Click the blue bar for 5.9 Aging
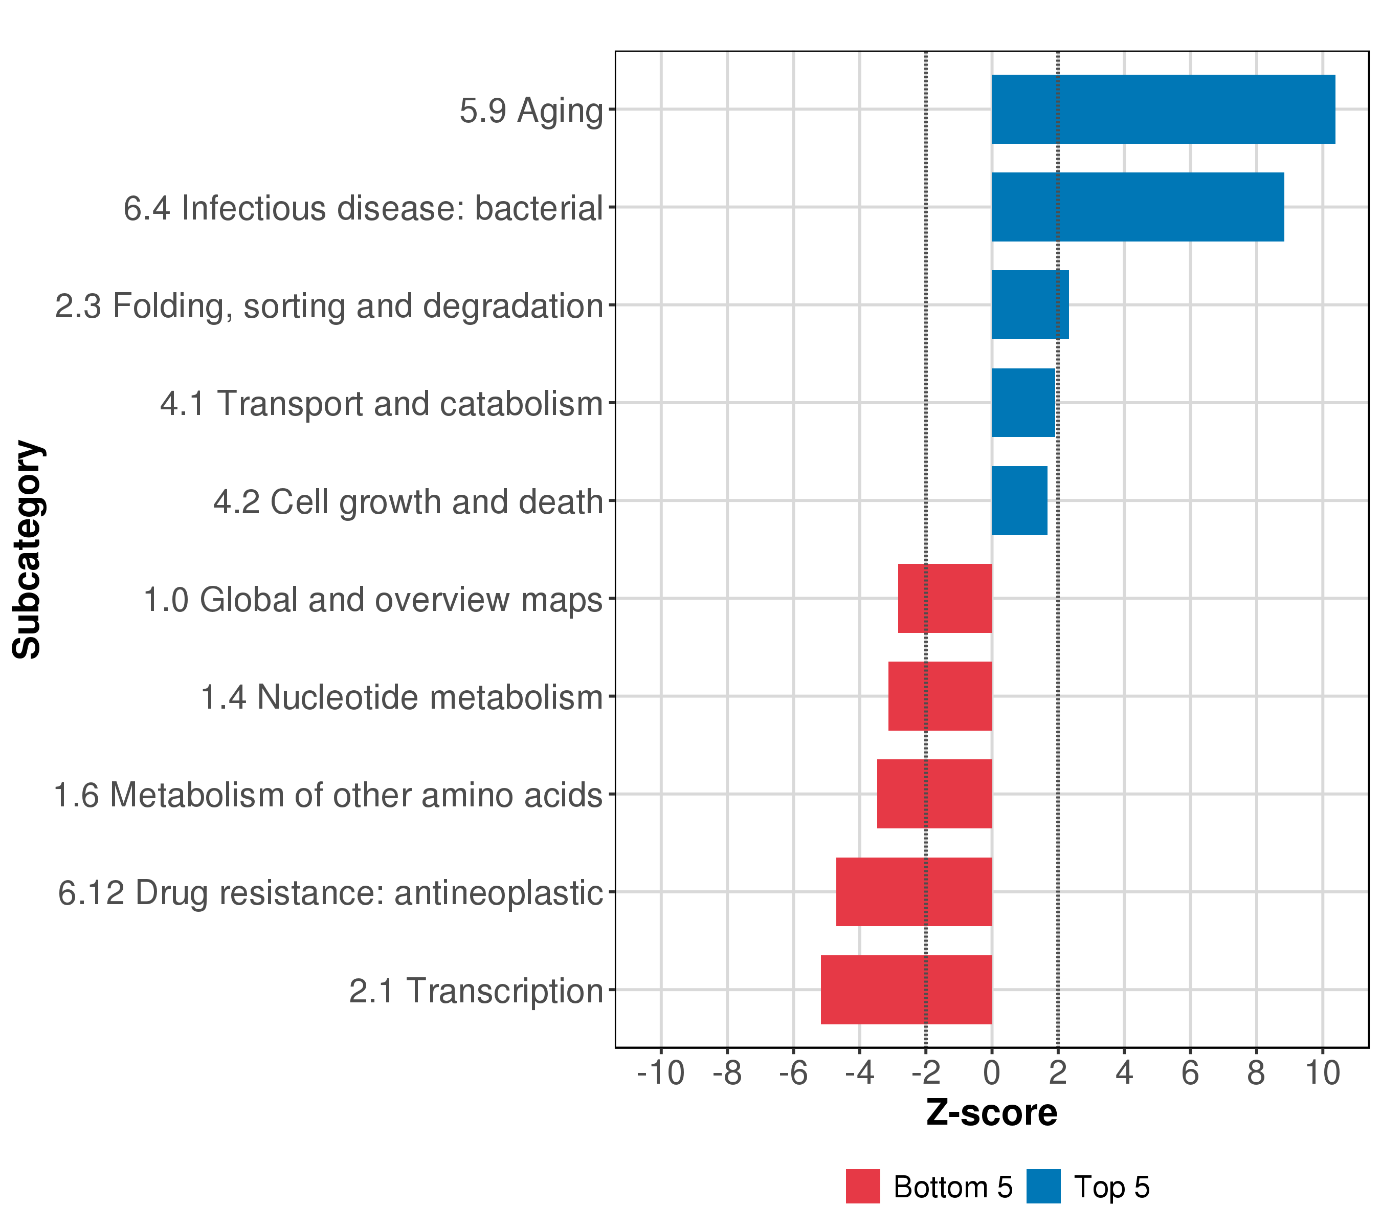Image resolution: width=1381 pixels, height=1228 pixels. pyautogui.click(x=1163, y=109)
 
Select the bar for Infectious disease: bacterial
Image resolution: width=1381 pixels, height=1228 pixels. pyautogui.click(x=1137, y=207)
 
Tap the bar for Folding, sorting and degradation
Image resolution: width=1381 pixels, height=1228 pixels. pyautogui.click(x=1030, y=305)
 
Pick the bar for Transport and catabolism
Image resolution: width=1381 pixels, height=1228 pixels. pyautogui.click(x=1023, y=403)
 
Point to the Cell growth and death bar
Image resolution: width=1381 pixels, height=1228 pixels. pyautogui.click(x=1019, y=501)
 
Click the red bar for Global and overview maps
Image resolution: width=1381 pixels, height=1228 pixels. pyautogui.click(x=945, y=598)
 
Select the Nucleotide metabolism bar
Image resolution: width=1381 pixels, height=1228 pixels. pyautogui.click(x=940, y=696)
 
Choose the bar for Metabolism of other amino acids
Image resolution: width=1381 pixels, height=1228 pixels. pyautogui.click(x=934, y=794)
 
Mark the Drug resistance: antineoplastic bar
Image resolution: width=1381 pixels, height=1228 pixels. pyautogui.click(x=914, y=891)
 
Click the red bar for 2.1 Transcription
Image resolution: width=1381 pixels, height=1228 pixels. pyautogui.click(x=906, y=990)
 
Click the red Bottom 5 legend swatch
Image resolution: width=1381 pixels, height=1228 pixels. pyautogui.click(x=863, y=1187)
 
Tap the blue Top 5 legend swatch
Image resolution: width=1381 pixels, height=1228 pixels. pyautogui.click(x=1043, y=1187)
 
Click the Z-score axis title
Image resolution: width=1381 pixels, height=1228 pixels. pyautogui.click(x=991, y=1113)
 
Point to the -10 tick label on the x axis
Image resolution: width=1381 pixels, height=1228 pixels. pyautogui.click(x=660, y=1073)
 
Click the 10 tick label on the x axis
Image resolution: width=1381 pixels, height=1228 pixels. pyautogui.click(x=1322, y=1073)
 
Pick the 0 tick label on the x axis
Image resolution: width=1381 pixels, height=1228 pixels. pyautogui.click(x=991, y=1073)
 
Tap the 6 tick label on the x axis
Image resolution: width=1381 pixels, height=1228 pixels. pyautogui.click(x=1190, y=1073)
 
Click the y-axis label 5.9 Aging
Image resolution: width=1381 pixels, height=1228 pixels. pyautogui.click(x=531, y=111)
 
